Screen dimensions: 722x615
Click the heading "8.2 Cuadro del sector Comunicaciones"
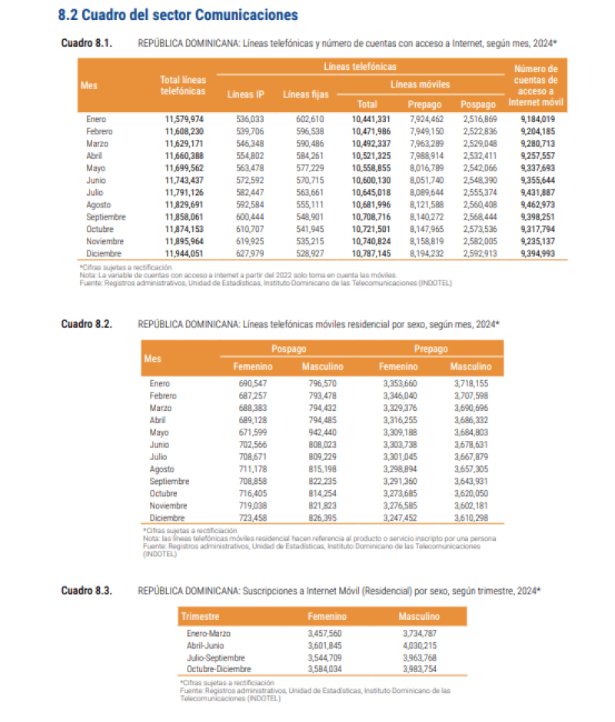178,15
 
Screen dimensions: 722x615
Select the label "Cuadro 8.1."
87,43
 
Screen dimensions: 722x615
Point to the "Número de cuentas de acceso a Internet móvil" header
537,84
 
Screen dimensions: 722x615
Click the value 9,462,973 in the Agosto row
537,205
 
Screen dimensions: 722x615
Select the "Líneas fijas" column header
306,94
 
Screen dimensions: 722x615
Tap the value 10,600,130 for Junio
371,180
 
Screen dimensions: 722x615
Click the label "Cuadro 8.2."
87,324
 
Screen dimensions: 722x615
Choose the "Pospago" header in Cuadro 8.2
288,349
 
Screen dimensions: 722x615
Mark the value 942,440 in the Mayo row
322,432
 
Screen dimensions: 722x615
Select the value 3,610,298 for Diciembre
469,518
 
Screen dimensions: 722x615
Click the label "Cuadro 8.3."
87,591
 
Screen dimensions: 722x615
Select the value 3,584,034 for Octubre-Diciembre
329,670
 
